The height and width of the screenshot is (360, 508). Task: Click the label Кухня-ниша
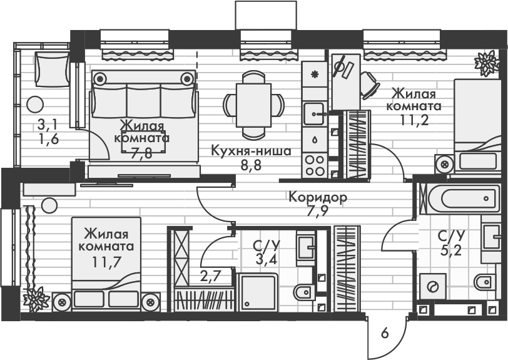click(x=250, y=151)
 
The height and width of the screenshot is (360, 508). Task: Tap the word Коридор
click(x=318, y=198)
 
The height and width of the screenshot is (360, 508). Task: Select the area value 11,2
click(x=415, y=120)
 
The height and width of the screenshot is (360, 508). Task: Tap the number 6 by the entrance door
click(x=385, y=334)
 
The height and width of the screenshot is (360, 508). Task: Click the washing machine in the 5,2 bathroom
click(x=432, y=286)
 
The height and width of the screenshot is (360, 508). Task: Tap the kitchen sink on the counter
click(x=315, y=113)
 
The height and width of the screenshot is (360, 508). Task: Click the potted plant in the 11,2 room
click(x=486, y=63)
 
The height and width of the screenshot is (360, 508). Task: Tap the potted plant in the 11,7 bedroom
click(x=37, y=298)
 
